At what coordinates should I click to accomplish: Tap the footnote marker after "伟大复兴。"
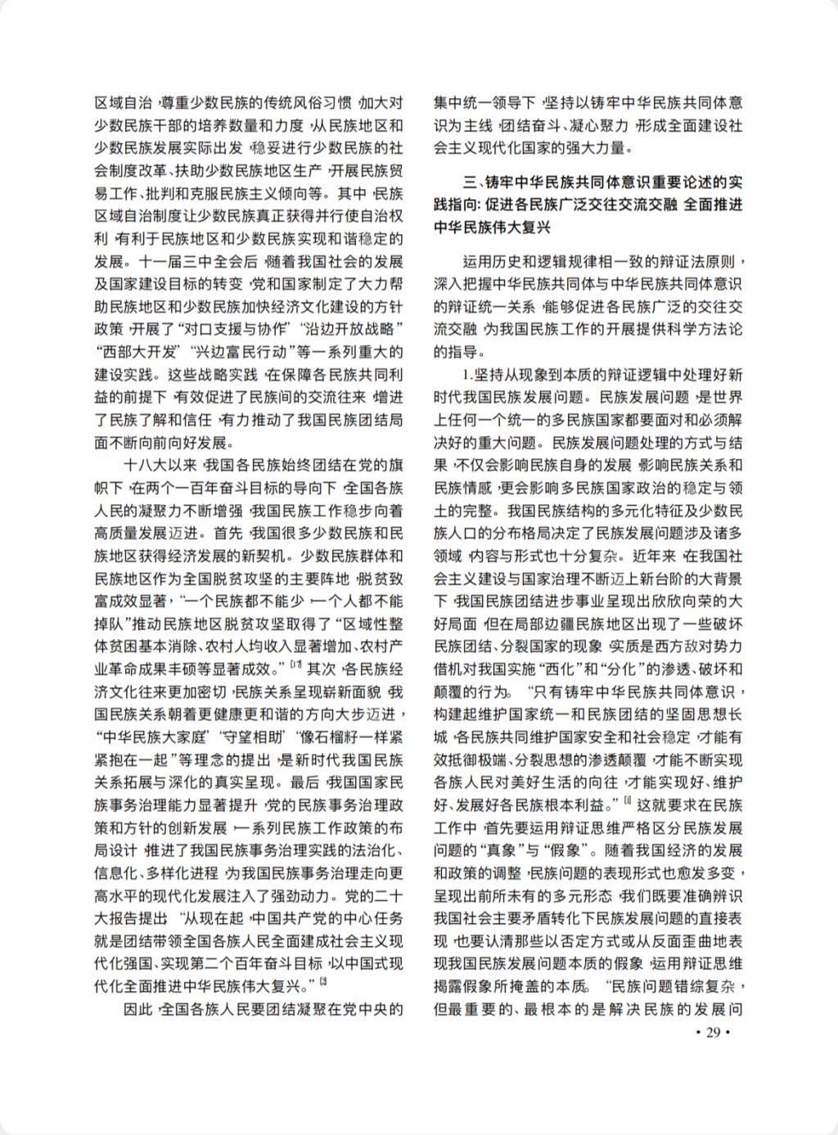coord(324,980)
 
